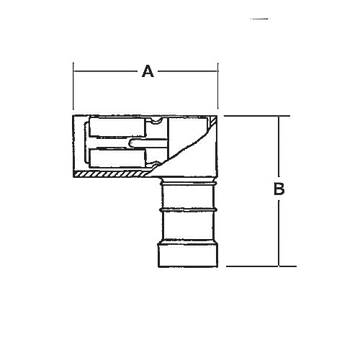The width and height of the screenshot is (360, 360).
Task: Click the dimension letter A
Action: point(148,71)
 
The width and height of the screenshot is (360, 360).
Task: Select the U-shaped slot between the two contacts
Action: point(135,145)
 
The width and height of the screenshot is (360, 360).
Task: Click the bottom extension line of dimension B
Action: point(259,266)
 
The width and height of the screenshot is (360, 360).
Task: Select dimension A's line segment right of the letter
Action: point(187,71)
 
